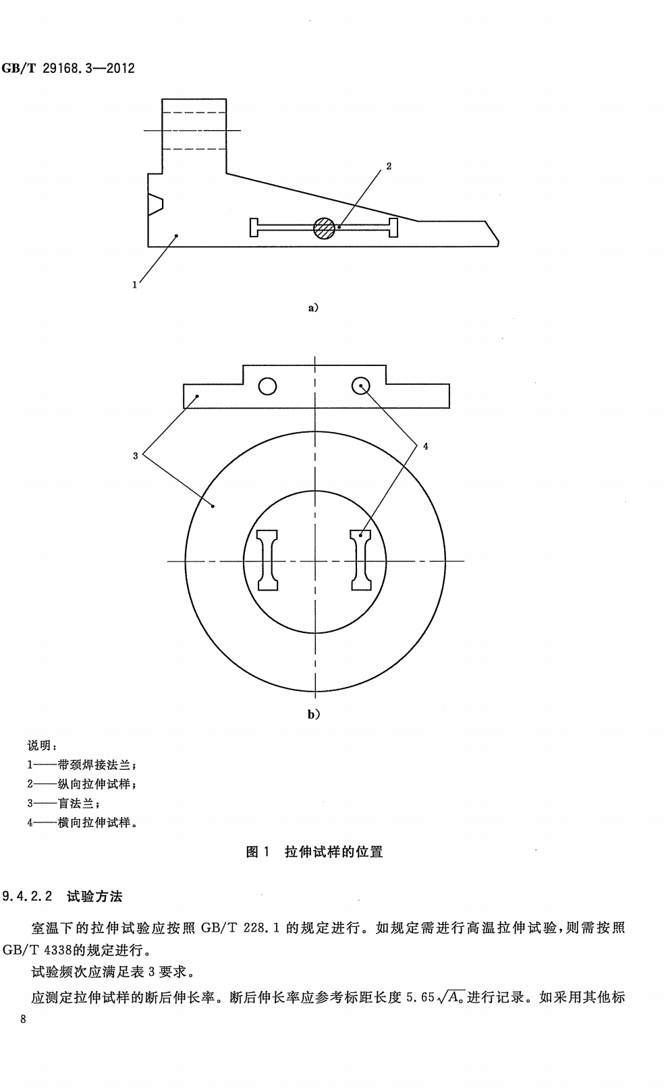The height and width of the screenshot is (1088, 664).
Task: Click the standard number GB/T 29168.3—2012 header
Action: click(68, 68)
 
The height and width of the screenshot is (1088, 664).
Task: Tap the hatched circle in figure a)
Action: click(324, 228)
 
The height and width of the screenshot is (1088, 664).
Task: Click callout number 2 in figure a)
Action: click(389, 166)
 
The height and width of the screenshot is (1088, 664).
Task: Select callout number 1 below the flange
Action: click(135, 285)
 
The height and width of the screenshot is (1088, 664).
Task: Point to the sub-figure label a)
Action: click(313, 307)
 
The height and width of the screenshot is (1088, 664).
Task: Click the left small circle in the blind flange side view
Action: click(268, 386)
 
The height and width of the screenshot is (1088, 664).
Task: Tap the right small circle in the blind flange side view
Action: click(361, 386)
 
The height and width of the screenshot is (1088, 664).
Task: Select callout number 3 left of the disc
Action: click(135, 456)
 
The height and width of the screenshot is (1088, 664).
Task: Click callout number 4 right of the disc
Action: click(426, 446)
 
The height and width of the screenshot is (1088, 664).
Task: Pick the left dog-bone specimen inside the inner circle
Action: click(268, 560)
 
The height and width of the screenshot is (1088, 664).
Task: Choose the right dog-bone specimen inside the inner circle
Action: click(361, 560)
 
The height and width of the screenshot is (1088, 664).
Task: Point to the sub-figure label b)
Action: click(314, 714)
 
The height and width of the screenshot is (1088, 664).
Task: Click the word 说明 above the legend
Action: click(42, 745)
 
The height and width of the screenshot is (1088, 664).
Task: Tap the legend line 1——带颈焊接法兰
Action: click(82, 764)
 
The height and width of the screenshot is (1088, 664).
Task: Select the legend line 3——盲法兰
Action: click(63, 804)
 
